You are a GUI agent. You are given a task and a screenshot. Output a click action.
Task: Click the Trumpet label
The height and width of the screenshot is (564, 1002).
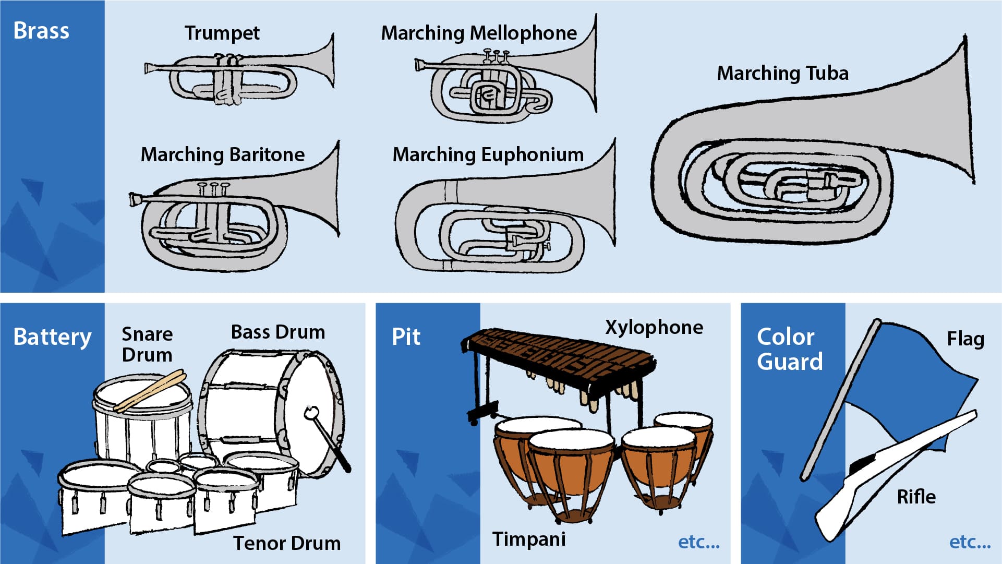pyautogui.click(x=222, y=33)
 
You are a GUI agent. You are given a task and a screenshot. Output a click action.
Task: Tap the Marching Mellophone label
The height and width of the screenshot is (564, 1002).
pyautogui.click(x=479, y=33)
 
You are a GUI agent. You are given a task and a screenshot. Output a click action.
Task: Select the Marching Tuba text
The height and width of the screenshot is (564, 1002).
pyautogui.click(x=782, y=73)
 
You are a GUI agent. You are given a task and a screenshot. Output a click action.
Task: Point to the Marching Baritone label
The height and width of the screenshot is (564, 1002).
pyautogui.click(x=223, y=154)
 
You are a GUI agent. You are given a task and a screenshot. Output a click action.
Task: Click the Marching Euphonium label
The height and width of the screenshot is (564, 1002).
pyautogui.click(x=488, y=154)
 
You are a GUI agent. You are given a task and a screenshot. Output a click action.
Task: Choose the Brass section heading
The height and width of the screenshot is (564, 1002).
pyautogui.click(x=41, y=30)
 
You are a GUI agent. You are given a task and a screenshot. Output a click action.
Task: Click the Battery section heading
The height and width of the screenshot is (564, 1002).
pyautogui.click(x=52, y=337)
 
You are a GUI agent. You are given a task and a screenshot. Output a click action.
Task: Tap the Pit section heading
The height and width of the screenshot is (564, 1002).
pyautogui.click(x=406, y=337)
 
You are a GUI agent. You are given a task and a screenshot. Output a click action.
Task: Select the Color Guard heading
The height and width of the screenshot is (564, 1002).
pyautogui.click(x=790, y=349)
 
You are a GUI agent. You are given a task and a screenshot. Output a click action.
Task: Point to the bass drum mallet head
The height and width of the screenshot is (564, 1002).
pyautogui.click(x=311, y=413)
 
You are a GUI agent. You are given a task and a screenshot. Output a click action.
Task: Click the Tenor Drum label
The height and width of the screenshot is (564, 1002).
pyautogui.click(x=286, y=543)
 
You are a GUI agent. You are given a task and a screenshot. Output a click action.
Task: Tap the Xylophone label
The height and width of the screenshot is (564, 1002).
pyautogui.click(x=654, y=327)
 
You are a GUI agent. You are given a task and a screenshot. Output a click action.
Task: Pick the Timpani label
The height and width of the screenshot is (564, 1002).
pyautogui.click(x=529, y=539)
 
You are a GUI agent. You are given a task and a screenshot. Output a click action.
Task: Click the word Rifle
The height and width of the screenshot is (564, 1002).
pyautogui.click(x=916, y=497)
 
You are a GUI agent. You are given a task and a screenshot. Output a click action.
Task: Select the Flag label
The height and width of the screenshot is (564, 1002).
pyautogui.click(x=965, y=339)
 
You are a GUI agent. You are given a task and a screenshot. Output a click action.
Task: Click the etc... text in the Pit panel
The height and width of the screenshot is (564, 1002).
pyautogui.click(x=698, y=542)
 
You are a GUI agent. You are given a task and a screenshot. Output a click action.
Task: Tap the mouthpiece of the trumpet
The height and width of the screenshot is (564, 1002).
pyautogui.click(x=148, y=68)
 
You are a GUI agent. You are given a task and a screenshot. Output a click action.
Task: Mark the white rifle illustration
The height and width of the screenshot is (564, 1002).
pyautogui.click(x=887, y=470)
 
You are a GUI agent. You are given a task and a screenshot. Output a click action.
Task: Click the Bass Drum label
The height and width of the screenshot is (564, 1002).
pyautogui.click(x=278, y=332)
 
